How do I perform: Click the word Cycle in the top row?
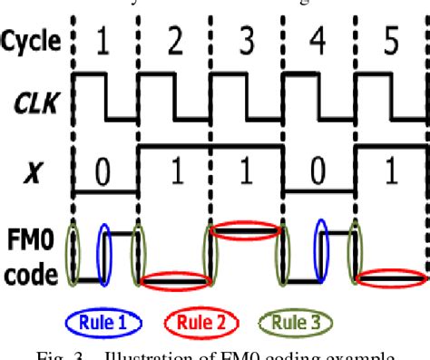(x=33, y=40)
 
